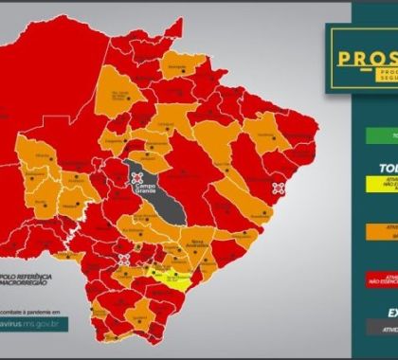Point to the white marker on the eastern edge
278,188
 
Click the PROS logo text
366,58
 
